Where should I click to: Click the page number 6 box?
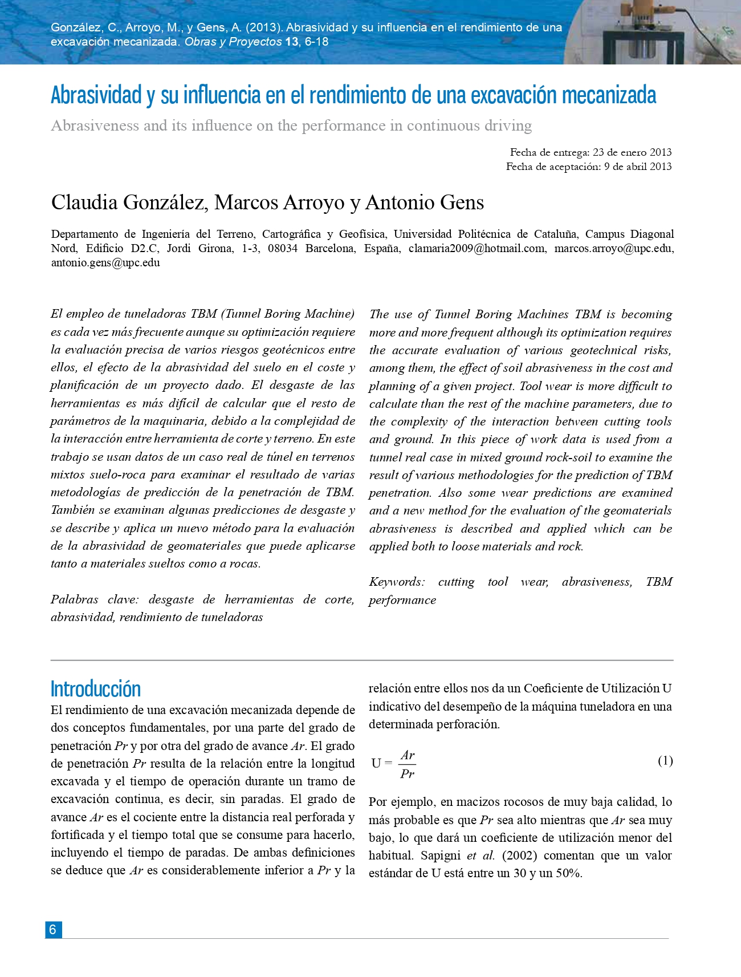[53, 929]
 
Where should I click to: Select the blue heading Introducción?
[95, 689]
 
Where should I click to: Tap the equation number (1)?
[665, 761]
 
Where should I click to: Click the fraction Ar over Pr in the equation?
[407, 764]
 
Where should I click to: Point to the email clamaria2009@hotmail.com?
[477, 249]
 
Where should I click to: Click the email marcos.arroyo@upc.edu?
[613, 249]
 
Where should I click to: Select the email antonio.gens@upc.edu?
[105, 263]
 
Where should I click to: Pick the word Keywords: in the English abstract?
[397, 582]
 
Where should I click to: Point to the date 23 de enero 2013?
[632, 152]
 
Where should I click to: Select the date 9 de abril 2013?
[638, 167]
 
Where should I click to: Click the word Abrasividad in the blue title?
[96, 95]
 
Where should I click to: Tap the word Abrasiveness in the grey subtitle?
[95, 125]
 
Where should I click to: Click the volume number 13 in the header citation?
[291, 42]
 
